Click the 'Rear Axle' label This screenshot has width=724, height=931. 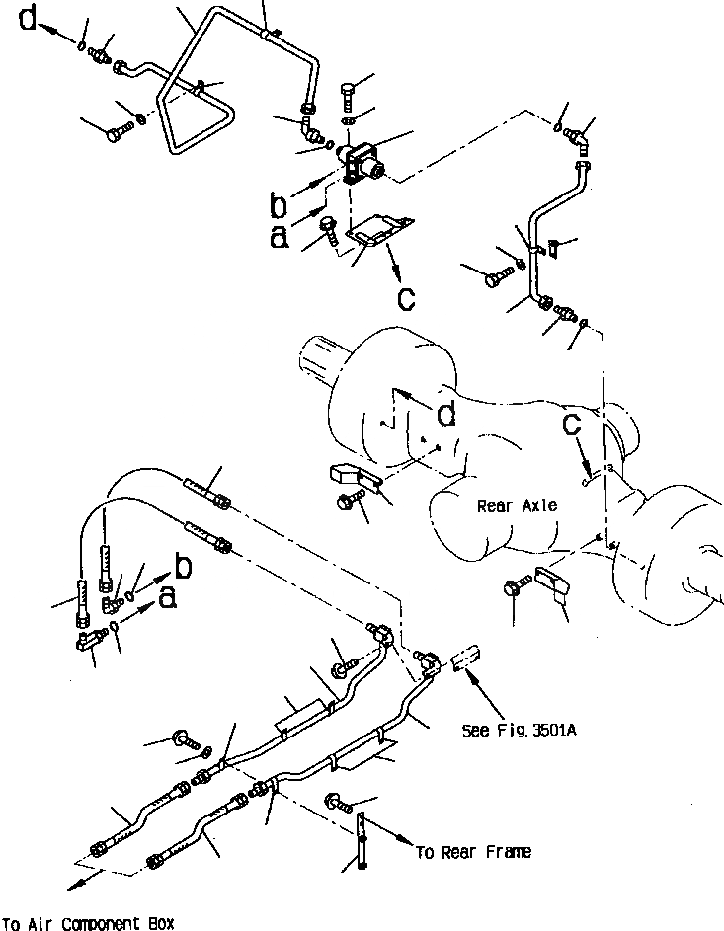[517, 506]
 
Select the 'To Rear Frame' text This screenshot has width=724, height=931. [473, 852]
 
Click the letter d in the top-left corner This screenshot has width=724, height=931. [30, 20]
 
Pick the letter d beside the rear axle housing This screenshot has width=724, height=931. [446, 416]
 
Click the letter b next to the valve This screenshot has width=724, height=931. [281, 204]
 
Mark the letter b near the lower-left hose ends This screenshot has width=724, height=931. [182, 566]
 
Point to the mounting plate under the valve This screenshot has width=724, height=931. [380, 233]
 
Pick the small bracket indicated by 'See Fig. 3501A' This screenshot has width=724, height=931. [466, 658]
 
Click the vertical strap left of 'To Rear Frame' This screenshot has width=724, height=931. [362, 838]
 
